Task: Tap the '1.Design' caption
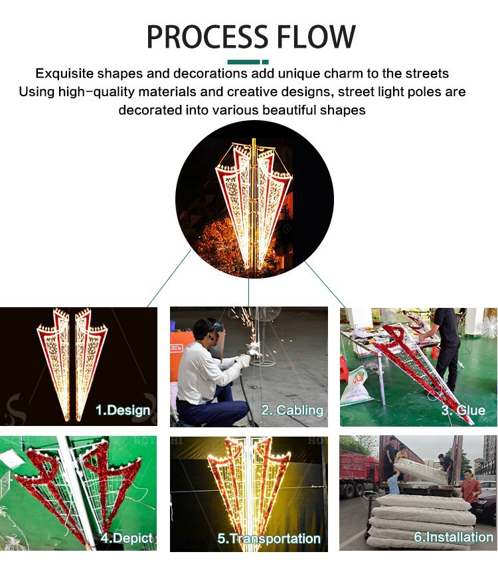123,410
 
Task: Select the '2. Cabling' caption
292,410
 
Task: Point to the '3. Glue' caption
463,410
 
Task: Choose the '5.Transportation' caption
269,539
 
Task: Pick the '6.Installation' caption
454,537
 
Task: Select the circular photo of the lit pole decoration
253,199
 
